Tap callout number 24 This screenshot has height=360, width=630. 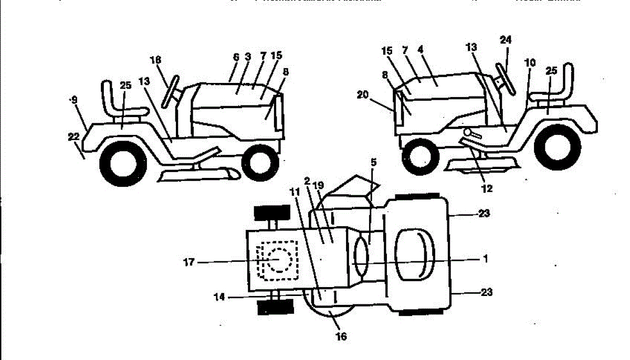click(506, 40)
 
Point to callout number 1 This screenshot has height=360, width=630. click(486, 259)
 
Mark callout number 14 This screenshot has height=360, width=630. click(219, 297)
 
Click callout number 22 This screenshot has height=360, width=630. click(73, 136)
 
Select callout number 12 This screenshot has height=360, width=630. click(487, 187)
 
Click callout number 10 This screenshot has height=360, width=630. click(530, 62)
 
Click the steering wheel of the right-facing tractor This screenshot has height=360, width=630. click(170, 91)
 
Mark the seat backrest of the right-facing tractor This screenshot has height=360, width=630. click(107, 95)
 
